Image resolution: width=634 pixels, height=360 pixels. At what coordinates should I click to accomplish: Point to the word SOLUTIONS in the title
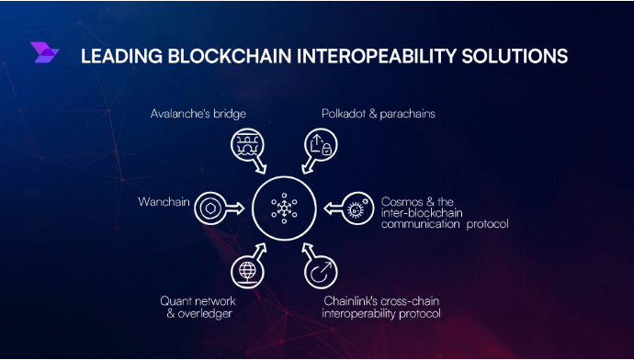515,56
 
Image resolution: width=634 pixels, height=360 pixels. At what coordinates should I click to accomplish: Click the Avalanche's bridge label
198,115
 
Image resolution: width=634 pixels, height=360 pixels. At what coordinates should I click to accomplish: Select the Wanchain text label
164,200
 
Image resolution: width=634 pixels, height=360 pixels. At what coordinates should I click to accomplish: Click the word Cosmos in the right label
402,200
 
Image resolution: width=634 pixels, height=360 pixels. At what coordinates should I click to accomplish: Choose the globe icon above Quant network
246,270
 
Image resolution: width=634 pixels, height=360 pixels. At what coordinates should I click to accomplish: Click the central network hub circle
283,208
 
